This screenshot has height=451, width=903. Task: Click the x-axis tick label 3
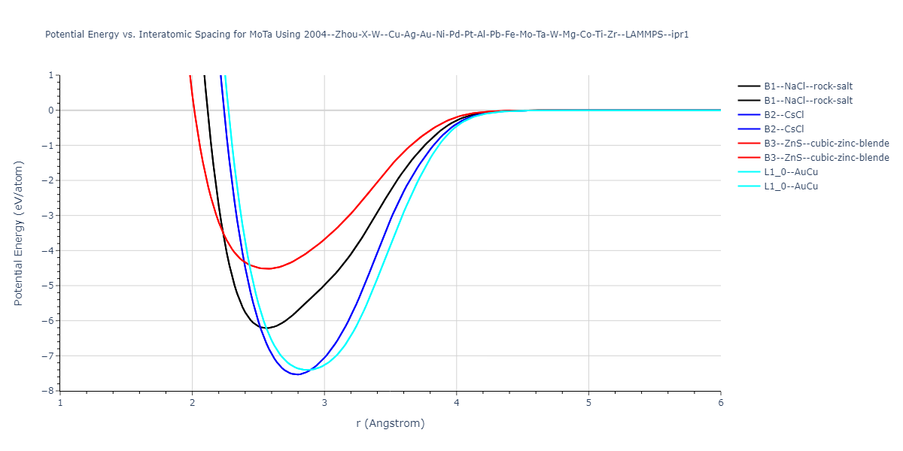point(324,402)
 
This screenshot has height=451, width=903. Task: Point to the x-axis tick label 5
point(588,402)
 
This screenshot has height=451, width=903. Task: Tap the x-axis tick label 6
point(720,402)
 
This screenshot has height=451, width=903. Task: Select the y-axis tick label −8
point(50,391)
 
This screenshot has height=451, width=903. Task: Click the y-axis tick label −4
point(50,250)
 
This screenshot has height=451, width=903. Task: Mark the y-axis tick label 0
point(51,110)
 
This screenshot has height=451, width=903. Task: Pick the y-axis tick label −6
point(50,321)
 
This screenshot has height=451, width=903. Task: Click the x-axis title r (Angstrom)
point(390,423)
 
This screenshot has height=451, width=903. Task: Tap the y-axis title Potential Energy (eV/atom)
point(19,233)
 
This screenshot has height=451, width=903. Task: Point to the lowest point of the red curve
point(268,268)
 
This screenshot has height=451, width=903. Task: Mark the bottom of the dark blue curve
point(298,374)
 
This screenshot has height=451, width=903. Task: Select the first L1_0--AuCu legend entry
point(791,172)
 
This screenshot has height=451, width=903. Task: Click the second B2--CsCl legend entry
point(786,129)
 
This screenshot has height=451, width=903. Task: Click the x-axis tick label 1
point(60,402)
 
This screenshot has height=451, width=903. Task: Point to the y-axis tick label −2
point(50,180)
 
